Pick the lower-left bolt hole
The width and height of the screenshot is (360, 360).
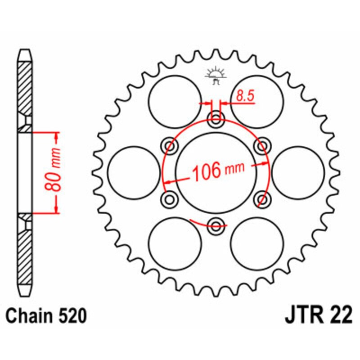pyautogui.click(x=171, y=198)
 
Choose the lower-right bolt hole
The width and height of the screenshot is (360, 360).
pyautogui.click(x=262, y=198)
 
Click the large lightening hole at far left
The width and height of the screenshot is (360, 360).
pyautogui.click(x=134, y=172)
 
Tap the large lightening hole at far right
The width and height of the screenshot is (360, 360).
pyautogui.click(x=298, y=172)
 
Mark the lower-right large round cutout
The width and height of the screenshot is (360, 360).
pyautogui.click(x=257, y=243)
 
